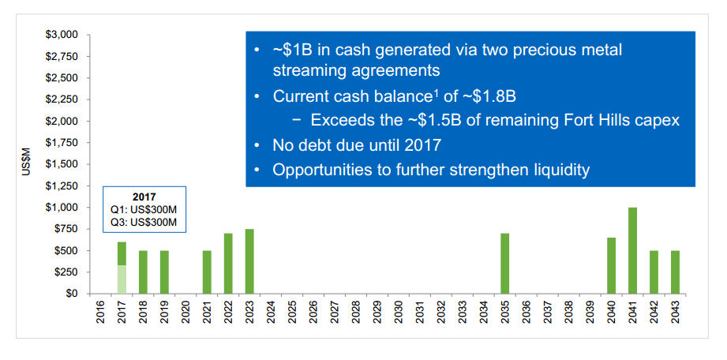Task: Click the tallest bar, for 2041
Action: point(632,250)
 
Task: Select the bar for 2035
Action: point(504,263)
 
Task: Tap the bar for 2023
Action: point(249,261)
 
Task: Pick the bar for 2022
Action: point(228,263)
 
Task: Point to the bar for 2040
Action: point(611,265)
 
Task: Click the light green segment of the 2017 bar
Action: point(122,279)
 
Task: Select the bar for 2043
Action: point(675,272)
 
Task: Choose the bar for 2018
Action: point(143,272)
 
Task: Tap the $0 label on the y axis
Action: point(70,293)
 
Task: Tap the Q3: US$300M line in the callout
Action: point(144,223)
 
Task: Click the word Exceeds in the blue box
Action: point(341,121)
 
